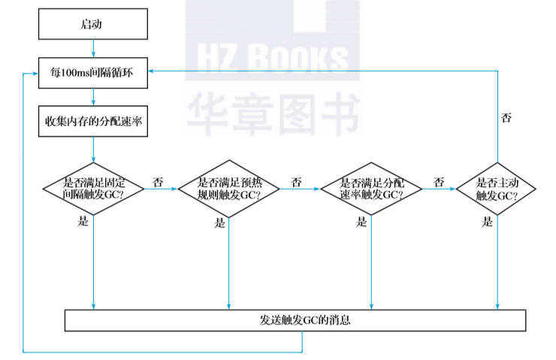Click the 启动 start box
tap(92, 24)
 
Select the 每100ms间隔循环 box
tap(92, 73)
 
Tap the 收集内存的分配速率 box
tap(92, 120)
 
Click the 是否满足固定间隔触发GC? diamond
tap(94, 188)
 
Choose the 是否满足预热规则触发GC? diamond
tap(228, 188)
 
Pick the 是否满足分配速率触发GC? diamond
tap(371, 188)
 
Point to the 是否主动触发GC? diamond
tap(497, 188)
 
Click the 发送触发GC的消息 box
tap(295, 320)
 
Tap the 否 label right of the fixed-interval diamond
tap(158, 182)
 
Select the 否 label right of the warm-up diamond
tap(296, 182)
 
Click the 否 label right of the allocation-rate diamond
tap(439, 182)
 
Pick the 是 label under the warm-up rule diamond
tap(219, 222)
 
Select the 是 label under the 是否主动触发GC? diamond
tap(488, 222)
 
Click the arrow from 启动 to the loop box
tap(92, 48)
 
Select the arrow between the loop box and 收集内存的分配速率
tap(92, 96)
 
